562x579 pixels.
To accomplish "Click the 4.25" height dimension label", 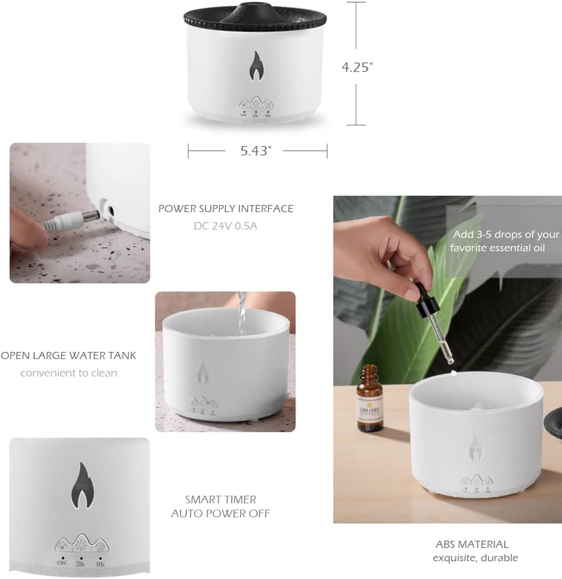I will [357, 67].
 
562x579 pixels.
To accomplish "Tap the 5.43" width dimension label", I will [257, 151].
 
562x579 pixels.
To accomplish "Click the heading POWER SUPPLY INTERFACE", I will [226, 209].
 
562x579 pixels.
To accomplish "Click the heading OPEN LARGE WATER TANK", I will [68, 355].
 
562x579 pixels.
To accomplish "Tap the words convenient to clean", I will [69, 373].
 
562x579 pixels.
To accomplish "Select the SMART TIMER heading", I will [221, 500].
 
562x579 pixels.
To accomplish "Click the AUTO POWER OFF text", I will [221, 513].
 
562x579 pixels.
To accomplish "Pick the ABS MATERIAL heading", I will [472, 545].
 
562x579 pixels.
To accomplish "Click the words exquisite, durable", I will [475, 558].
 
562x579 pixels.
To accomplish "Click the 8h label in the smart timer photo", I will [100, 563].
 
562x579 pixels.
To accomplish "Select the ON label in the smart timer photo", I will [62, 563].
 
